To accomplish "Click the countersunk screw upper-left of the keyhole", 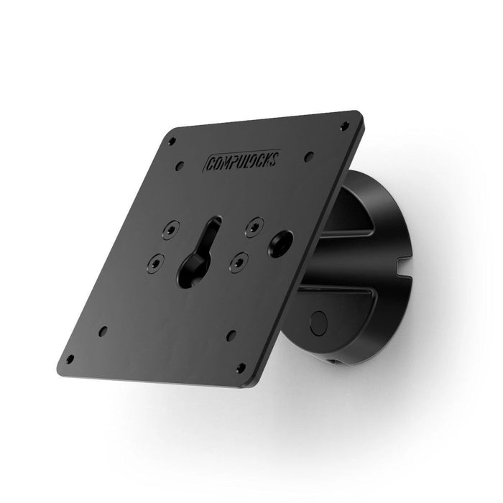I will tap(169, 231).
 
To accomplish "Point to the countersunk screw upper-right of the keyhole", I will tap(251, 226).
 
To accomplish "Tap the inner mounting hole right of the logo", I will tap(308, 154).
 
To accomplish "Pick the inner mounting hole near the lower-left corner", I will tap(103, 331).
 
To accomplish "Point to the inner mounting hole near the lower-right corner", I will tap(231, 335).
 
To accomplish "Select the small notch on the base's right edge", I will tap(402, 274).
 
